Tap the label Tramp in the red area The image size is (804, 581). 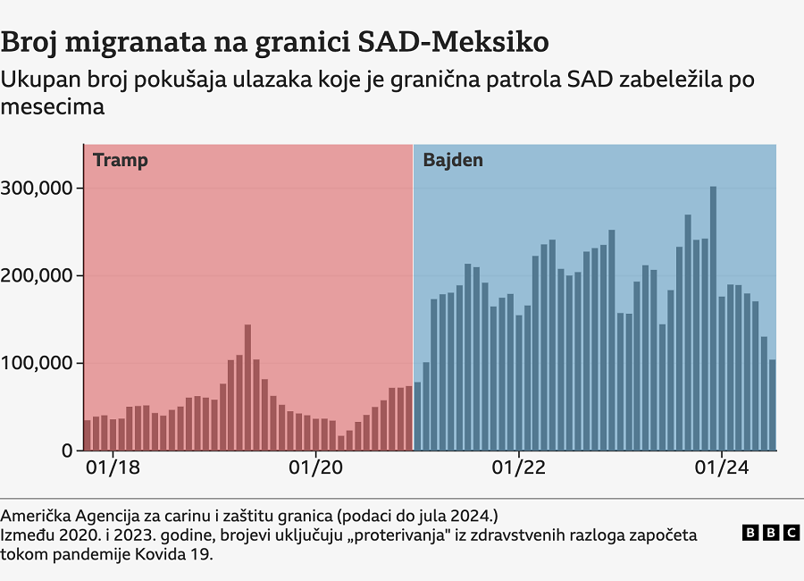click(120, 161)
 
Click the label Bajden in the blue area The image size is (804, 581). click(453, 161)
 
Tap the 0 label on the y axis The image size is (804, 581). click(67, 450)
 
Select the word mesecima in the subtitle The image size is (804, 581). click(54, 107)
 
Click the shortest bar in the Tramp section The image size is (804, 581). click(340, 443)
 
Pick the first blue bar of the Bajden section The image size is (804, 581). click(417, 417)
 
